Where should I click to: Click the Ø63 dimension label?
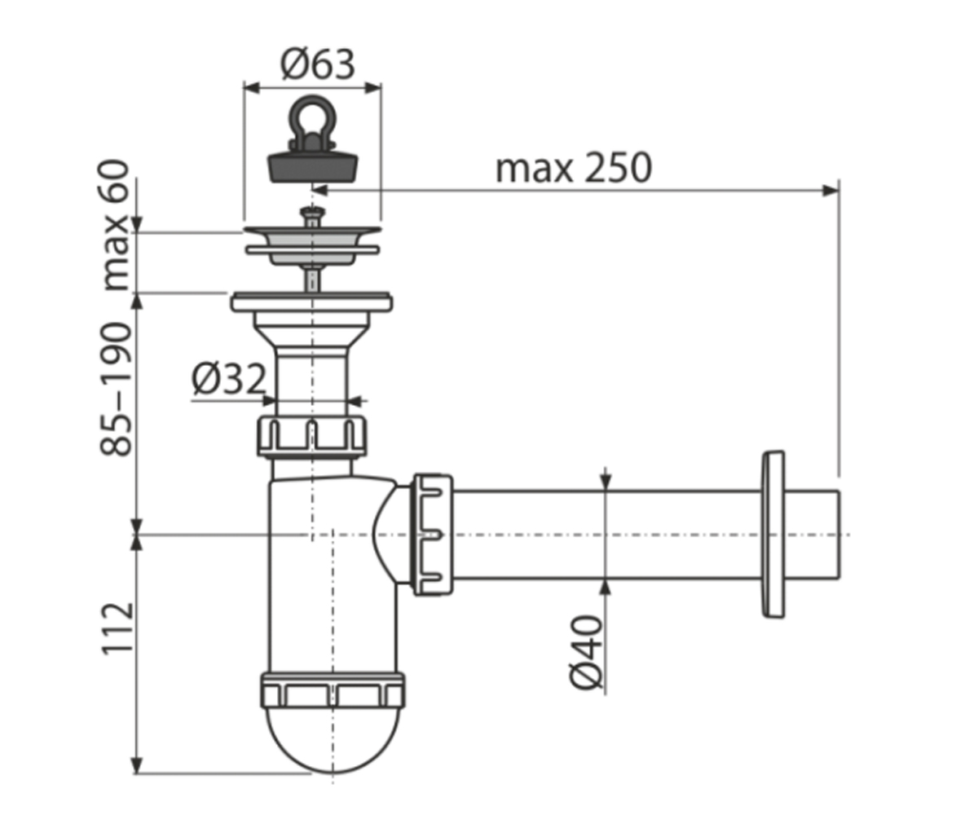point(318,64)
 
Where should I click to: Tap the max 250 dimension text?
point(573,168)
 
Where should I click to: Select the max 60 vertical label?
point(115,226)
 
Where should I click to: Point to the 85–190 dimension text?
point(116,389)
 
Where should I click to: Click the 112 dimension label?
point(117,628)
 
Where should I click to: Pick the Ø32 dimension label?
point(228,380)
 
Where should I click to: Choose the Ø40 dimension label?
point(586,653)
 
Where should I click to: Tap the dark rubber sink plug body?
point(312,165)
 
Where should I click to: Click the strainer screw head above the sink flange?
point(311,216)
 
